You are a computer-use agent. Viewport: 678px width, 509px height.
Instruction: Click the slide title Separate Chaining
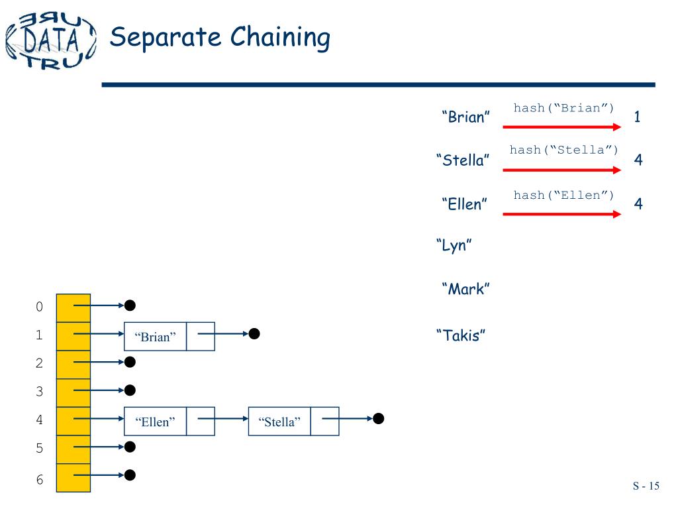coord(219,37)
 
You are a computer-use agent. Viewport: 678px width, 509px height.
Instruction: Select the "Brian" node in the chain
coord(156,337)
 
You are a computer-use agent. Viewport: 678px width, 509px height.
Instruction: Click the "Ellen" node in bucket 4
coord(156,422)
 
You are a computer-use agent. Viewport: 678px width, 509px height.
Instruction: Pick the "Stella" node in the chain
coord(279,422)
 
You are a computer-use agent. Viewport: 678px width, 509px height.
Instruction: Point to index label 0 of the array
coord(39,307)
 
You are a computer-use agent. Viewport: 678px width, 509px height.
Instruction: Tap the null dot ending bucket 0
coord(130,306)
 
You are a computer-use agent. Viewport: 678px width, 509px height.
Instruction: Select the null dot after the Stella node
coord(378,418)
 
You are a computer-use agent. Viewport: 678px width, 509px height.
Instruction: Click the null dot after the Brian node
coord(254,334)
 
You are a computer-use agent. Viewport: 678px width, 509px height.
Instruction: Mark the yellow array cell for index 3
coord(73,392)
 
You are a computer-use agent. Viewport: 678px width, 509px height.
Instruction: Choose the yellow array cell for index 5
coord(73,449)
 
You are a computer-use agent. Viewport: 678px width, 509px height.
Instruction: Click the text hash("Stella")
coord(563,150)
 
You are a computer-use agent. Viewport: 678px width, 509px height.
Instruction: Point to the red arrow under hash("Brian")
coord(562,126)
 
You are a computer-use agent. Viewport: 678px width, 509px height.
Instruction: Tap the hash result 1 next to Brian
coord(637,118)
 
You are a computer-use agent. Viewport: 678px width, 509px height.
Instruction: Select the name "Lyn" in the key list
coord(454,246)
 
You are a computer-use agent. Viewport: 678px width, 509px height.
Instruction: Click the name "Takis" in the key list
coord(461,334)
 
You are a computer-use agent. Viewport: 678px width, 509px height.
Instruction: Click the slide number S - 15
coord(646,486)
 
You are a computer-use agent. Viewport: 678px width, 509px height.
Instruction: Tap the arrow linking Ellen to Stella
coord(223,419)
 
